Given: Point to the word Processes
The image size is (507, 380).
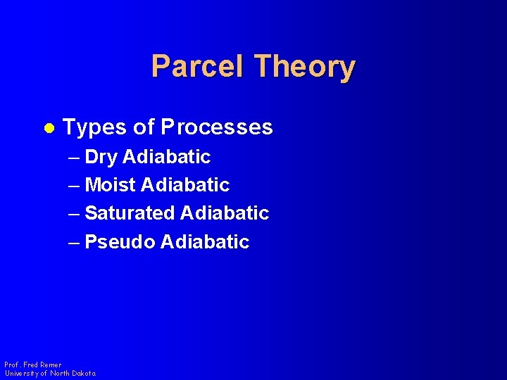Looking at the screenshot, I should (x=216, y=127).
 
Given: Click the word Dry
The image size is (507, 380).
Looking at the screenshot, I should (x=101, y=157).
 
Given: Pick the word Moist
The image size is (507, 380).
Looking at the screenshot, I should (x=110, y=185).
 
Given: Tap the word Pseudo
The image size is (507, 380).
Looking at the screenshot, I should (x=119, y=242).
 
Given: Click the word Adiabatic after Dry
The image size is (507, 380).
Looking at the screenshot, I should (x=166, y=157).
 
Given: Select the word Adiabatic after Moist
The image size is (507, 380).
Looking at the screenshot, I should (x=185, y=185).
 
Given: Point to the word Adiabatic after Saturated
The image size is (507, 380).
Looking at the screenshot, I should (x=225, y=213).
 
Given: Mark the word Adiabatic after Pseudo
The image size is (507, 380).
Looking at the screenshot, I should (x=205, y=242).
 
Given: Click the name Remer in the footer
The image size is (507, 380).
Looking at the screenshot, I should (x=50, y=365).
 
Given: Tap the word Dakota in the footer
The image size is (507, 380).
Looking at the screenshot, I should (x=82, y=373).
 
